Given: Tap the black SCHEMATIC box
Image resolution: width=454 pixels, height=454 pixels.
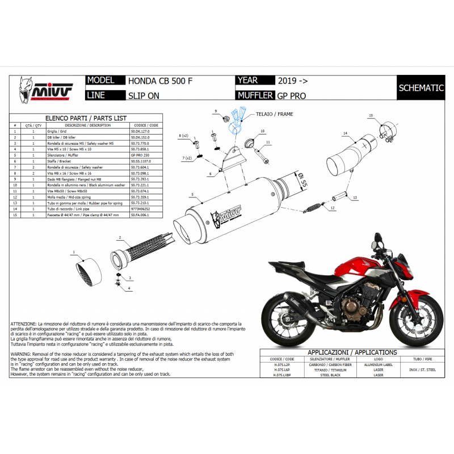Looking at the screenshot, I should (421, 88).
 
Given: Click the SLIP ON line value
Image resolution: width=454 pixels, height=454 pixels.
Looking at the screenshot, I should (143, 95).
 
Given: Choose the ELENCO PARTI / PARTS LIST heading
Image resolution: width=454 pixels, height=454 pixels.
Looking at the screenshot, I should (86, 117).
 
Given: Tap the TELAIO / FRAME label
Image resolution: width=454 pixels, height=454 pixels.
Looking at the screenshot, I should (278, 114).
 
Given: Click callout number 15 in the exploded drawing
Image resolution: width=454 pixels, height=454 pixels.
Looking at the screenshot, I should (370, 116).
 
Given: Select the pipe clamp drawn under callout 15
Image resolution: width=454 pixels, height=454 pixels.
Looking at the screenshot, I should (387, 131).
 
